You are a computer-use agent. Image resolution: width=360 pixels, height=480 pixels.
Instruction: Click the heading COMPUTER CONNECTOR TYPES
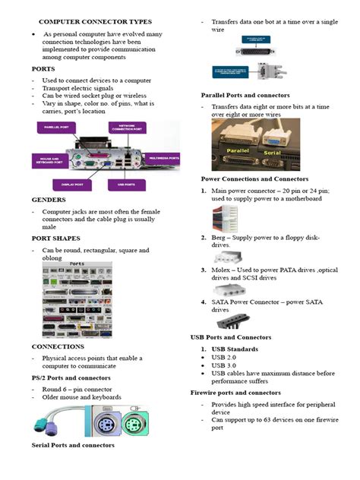tap(94, 22)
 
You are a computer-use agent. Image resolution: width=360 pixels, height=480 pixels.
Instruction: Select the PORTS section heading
tap(43, 68)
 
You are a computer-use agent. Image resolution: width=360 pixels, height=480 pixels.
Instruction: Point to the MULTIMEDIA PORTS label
tap(164, 158)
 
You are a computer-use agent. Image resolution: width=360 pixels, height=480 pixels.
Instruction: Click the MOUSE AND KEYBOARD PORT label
tap(47, 160)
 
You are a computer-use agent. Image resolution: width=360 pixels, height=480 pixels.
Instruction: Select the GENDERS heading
tap(49, 201)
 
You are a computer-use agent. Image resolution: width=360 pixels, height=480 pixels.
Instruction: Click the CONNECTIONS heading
tap(58, 346)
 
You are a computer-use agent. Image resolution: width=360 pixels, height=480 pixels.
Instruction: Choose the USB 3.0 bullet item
tap(226, 365)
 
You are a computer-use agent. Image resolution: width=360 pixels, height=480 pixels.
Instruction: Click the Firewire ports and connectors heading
tap(235, 393)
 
